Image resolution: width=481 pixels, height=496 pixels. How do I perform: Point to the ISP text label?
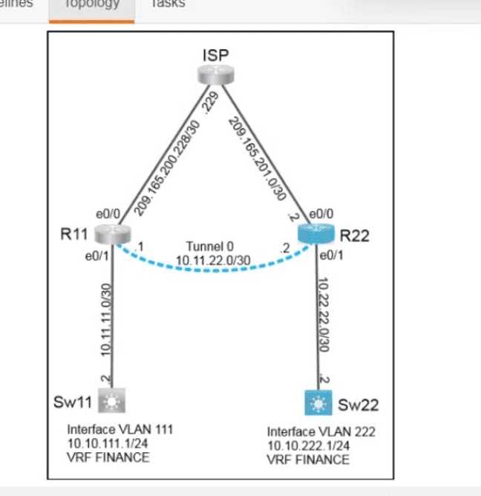(x=215, y=54)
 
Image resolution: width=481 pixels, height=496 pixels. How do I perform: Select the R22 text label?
(x=355, y=238)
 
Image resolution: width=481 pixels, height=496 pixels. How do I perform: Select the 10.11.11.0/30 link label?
(x=105, y=318)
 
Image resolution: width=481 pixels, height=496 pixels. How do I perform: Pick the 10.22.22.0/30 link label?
(x=321, y=317)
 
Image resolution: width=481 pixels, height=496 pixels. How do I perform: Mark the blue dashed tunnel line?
(x=215, y=272)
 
